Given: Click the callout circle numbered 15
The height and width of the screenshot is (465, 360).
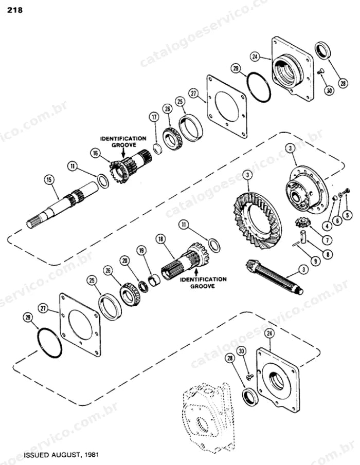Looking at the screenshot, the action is pos(49,180).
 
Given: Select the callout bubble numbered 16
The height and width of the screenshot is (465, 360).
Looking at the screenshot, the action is pos(95,153).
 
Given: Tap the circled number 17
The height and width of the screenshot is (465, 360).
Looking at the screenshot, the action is pos(154,117).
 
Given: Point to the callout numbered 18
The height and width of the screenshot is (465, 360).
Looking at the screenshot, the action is pos(160,239).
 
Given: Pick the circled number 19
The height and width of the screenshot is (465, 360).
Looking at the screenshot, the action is pos(141,251).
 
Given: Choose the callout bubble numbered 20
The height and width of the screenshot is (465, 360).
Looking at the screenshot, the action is pos(125,261).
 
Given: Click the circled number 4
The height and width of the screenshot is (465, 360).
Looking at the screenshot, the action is pos(327,226).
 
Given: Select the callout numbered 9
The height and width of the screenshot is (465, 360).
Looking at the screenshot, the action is pos(315,261).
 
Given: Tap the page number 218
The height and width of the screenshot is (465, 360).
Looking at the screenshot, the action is pos(14,10).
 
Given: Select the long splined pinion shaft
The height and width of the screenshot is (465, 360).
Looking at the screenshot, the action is pos(275,276).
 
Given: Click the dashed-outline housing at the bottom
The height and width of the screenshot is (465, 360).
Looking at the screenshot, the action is pos(208,418).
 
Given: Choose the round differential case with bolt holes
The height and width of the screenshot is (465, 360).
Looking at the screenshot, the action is pos(307,190).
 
